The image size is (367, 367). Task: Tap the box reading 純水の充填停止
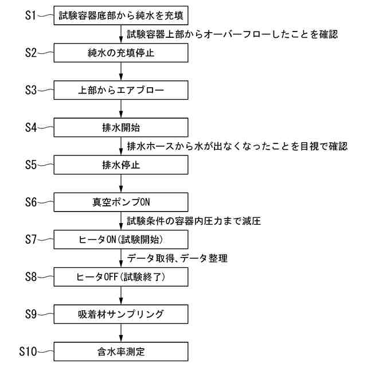tap(121, 53)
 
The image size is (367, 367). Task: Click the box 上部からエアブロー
tap(121, 90)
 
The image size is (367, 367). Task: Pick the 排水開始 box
tap(121, 127)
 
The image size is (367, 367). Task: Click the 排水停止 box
tap(121, 165)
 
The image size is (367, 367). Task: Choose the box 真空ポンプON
tap(121, 202)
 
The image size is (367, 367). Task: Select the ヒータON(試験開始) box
tap(121, 239)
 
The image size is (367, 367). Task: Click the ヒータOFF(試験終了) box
tap(121, 276)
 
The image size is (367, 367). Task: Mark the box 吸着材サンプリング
tap(121, 314)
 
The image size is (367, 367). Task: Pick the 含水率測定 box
tap(121, 350)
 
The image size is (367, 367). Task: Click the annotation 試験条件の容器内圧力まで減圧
tap(193, 220)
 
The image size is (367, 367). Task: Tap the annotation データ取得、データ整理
tap(177, 258)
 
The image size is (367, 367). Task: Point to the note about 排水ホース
tap(236, 146)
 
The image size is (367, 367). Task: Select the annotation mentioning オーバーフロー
tap(232, 34)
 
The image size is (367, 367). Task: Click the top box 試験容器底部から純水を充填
tap(121, 15)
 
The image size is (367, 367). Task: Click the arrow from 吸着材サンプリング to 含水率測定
tap(121, 333)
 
